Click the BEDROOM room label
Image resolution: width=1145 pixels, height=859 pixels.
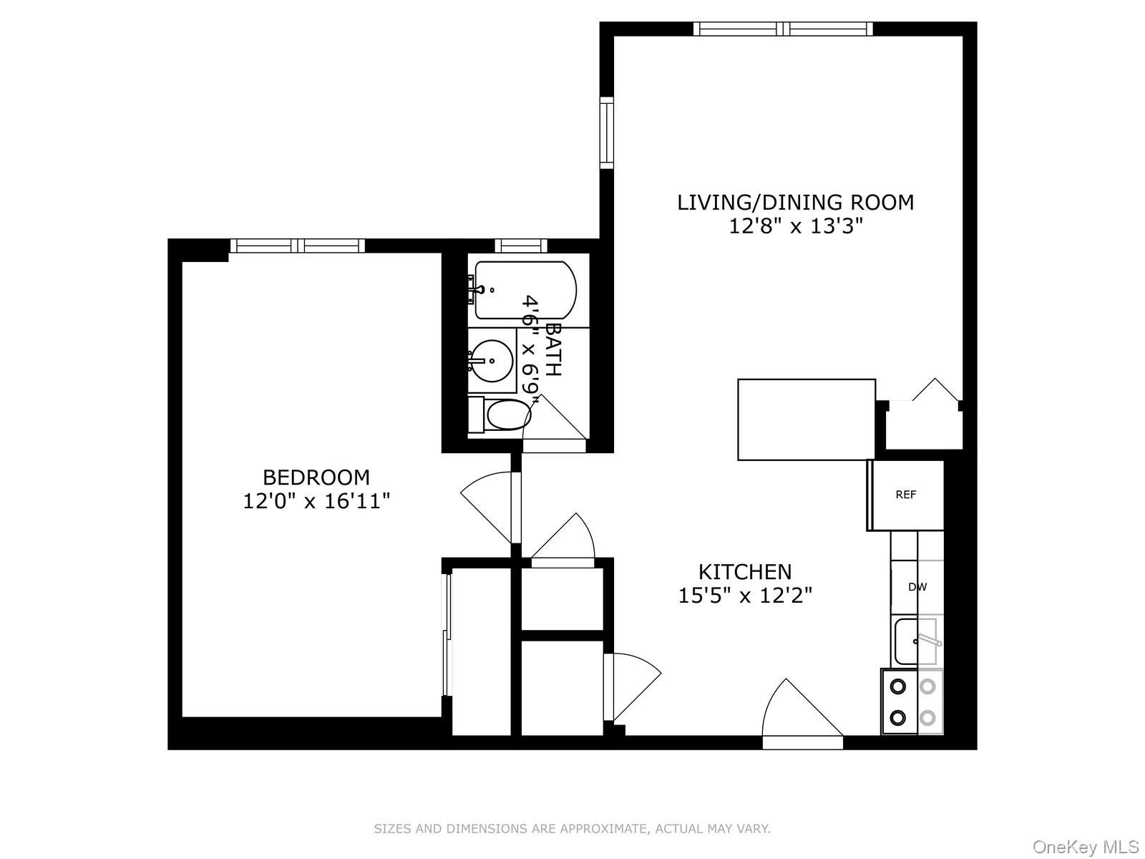[316, 477]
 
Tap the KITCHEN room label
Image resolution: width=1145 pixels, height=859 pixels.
[745, 571]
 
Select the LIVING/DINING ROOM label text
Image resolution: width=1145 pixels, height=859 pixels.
[795, 202]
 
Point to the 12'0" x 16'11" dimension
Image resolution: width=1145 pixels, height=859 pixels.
[316, 501]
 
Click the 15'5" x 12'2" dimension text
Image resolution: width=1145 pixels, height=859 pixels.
[745, 595]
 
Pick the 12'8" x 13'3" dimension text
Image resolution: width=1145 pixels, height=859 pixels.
[795, 226]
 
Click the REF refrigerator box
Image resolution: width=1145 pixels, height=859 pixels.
[906, 495]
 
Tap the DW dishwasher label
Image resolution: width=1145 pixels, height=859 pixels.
[917, 587]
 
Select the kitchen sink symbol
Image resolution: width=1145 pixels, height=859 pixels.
[916, 641]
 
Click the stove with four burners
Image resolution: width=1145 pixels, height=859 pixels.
[912, 702]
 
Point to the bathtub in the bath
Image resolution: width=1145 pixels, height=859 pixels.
[525, 290]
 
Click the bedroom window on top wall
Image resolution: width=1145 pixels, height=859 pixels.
[297, 246]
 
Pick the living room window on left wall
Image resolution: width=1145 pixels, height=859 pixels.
[607, 132]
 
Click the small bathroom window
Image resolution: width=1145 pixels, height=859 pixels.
[520, 246]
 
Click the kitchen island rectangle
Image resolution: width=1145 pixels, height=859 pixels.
[807, 419]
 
